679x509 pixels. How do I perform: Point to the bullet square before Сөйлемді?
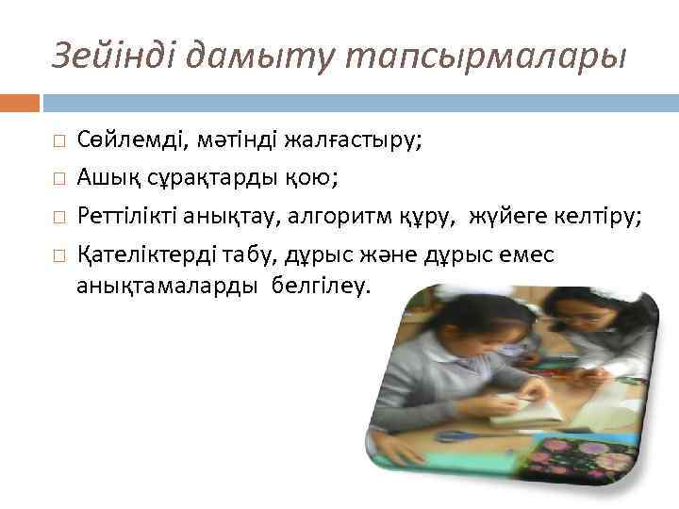pos(58,142)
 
